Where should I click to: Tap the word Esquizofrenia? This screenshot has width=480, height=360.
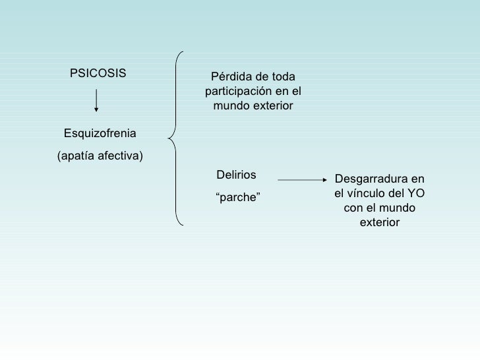point(100,134)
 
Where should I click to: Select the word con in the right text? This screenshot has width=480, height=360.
point(354,208)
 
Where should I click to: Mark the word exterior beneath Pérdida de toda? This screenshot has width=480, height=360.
point(272,106)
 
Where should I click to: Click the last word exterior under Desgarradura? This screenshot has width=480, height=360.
point(380,223)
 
